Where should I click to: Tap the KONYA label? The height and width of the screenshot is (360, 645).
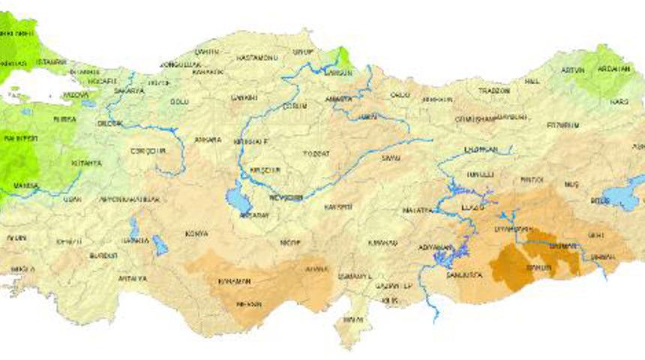[x=197, y=233]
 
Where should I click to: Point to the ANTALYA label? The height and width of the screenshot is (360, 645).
[x=132, y=278]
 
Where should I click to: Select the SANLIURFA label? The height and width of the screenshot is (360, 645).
[x=464, y=275]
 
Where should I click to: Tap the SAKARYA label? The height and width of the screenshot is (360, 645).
[x=128, y=91]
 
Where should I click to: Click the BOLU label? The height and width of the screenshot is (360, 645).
[x=178, y=101]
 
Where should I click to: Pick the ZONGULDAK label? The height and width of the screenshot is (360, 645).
[x=181, y=64]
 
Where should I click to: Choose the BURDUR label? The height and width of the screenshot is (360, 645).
[x=103, y=255]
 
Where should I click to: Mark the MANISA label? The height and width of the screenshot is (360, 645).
[x=25, y=184]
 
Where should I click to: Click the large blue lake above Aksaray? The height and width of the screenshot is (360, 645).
[x=239, y=199]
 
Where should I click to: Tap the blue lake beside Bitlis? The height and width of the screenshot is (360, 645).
[x=621, y=195]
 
